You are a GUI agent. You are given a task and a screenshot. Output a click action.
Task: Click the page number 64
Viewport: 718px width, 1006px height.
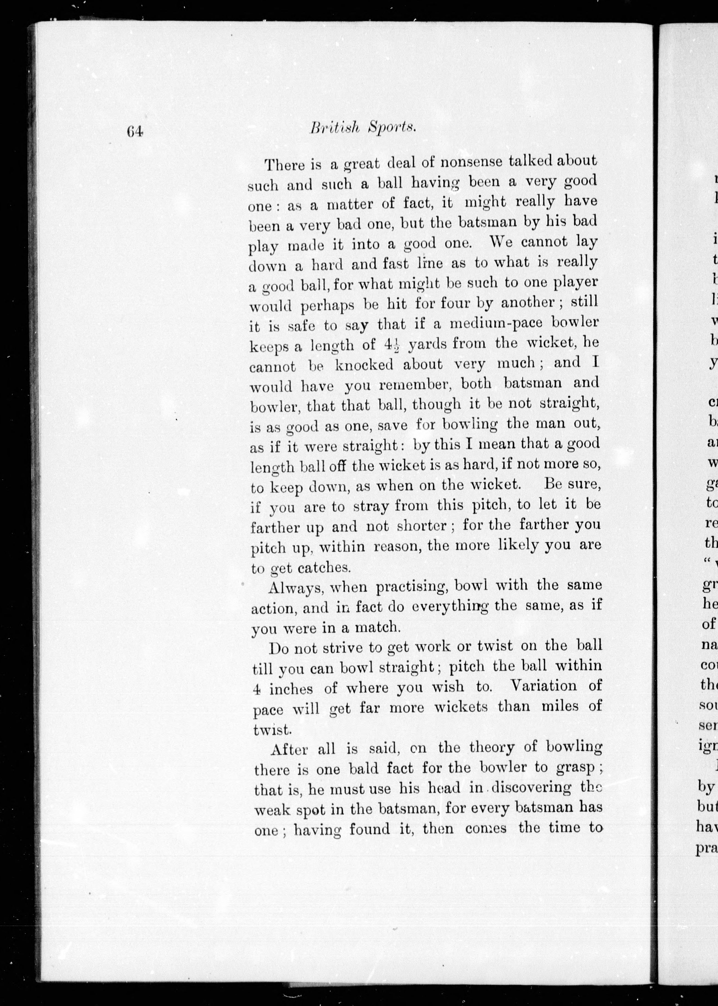coord(135,131)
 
